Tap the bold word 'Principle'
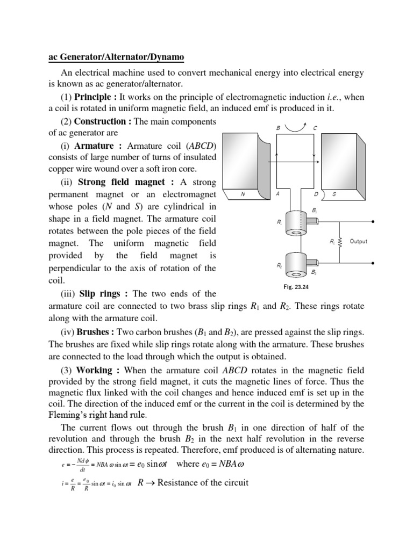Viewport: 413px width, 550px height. [x=96, y=97]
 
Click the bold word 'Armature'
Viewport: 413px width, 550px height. [x=94, y=146]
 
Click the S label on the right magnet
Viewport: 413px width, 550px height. [x=334, y=194]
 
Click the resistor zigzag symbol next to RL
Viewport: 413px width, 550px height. [x=340, y=242]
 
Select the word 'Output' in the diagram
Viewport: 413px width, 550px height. [x=359, y=242]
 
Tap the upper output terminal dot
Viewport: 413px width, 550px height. [x=373, y=221]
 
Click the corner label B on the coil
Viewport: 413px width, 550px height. [x=278, y=128]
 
